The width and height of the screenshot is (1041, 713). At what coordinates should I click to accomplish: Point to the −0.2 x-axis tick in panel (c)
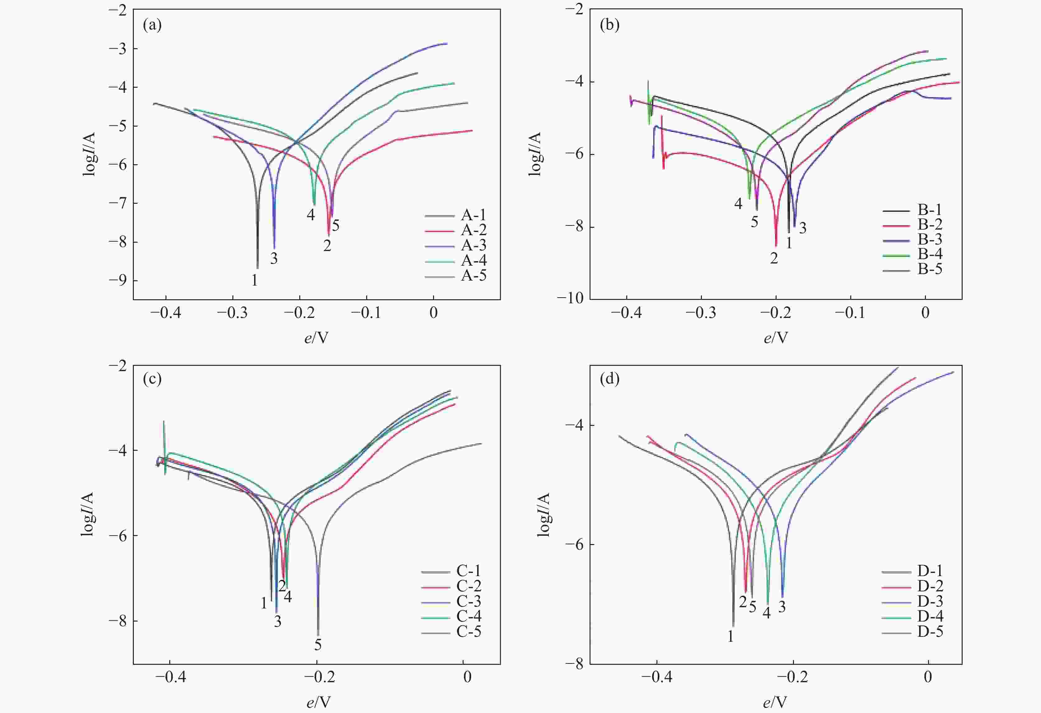tap(319, 677)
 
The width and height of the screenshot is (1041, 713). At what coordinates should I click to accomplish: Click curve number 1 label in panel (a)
tap(254, 280)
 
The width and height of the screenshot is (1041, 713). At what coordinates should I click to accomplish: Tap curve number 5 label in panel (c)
tap(318, 645)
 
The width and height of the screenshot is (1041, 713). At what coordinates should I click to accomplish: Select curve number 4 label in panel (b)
tap(738, 204)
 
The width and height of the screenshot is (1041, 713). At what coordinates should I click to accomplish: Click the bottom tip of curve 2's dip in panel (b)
tap(776, 246)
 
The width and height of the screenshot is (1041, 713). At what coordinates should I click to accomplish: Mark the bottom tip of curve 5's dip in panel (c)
tap(318, 635)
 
